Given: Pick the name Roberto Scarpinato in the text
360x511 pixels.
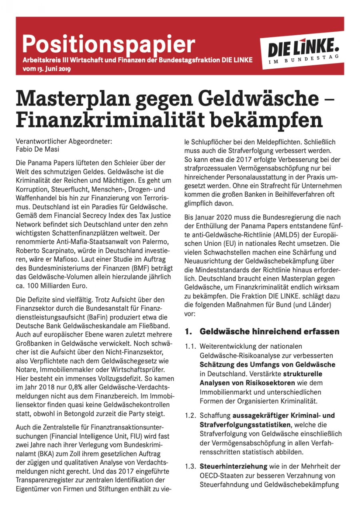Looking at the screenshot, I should click(x=44, y=251).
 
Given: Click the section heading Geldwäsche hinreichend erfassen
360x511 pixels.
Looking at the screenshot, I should click(x=269, y=331).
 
